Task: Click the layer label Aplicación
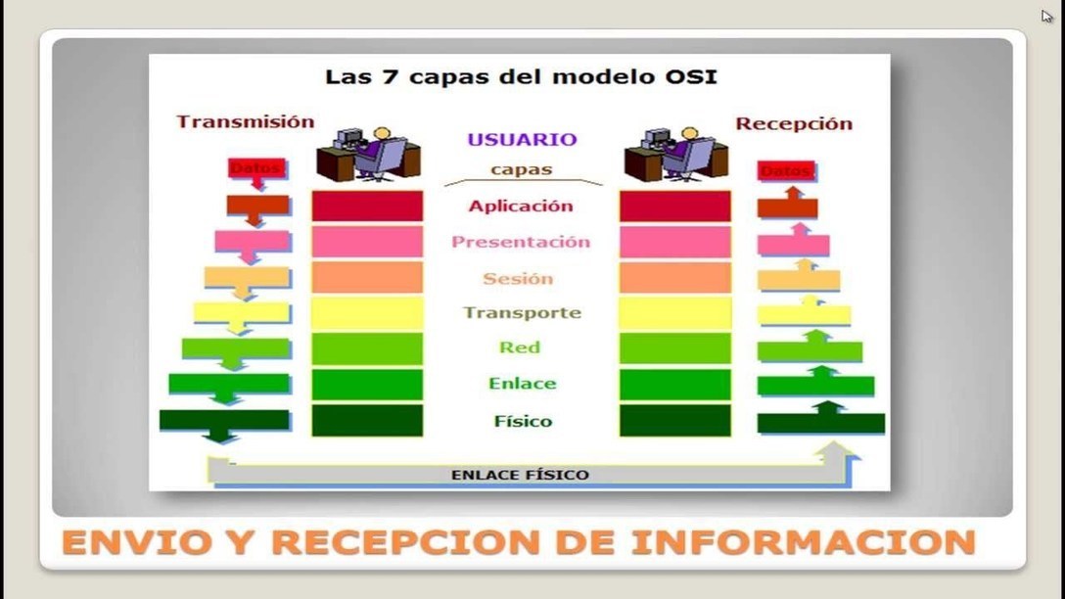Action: point(520,207)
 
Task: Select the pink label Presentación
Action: point(520,242)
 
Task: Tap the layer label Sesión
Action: point(518,279)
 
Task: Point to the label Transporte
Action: point(522,313)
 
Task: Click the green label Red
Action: point(519,347)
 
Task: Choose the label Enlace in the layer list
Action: point(522,384)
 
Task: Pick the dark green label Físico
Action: point(523,422)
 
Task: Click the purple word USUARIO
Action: point(522,140)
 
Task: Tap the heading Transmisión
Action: point(245,122)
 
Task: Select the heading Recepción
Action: point(793,124)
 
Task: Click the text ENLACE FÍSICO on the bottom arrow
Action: point(520,476)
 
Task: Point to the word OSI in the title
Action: point(694,76)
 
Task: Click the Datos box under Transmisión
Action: point(255,168)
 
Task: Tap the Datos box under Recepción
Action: point(786,171)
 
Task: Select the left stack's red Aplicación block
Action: point(367,206)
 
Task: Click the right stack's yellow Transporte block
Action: point(674,313)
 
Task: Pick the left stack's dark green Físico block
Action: point(367,420)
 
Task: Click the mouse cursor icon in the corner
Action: point(1047,17)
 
